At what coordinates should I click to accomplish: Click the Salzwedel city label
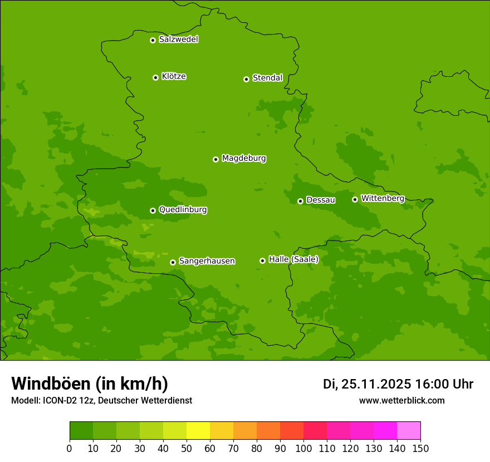(178, 40)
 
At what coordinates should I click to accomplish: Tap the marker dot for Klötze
(155, 77)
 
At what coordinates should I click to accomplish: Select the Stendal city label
(267, 78)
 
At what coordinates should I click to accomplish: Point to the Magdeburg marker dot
(215, 159)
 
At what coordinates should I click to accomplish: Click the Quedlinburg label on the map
(183, 210)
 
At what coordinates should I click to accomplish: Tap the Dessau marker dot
(300, 201)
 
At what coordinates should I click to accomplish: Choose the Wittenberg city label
(382, 198)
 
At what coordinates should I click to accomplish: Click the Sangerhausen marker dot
(173, 262)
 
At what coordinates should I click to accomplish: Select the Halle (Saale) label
(293, 259)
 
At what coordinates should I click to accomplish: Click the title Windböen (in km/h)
(90, 384)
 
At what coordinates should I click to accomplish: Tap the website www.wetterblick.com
(401, 401)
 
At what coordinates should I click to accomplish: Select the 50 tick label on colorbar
(187, 448)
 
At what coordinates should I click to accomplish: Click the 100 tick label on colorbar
(303, 448)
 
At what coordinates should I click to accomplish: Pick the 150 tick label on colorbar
(420, 448)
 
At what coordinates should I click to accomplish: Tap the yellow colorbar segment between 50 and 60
(198, 431)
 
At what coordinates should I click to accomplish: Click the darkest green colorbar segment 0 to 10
(81, 431)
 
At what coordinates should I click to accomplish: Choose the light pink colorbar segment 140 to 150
(409, 431)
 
